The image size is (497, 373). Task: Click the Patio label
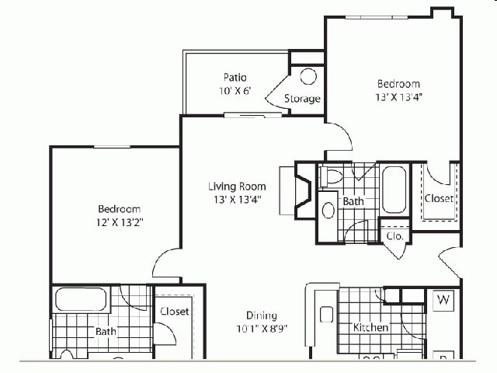tap(235, 77)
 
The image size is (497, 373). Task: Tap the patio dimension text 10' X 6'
tap(235, 90)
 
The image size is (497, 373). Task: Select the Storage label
tap(302, 99)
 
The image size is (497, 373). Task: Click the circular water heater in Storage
tap(308, 76)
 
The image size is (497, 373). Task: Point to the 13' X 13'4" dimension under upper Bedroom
tap(399, 97)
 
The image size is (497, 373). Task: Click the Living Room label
tap(237, 186)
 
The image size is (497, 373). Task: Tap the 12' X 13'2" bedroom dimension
tap(119, 222)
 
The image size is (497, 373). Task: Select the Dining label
tap(262, 315)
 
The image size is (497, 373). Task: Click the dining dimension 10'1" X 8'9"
tap(262, 329)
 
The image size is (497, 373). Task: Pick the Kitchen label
tap(370, 327)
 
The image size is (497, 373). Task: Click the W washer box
tap(443, 299)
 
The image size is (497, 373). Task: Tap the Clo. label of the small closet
tap(394, 235)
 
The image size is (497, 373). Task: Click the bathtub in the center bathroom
tap(394, 189)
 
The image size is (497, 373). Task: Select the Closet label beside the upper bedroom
tap(439, 198)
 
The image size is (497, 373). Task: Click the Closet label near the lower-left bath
tap(174, 311)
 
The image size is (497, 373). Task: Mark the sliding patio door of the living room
tap(253, 115)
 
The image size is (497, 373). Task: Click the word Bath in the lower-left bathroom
tap(106, 332)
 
